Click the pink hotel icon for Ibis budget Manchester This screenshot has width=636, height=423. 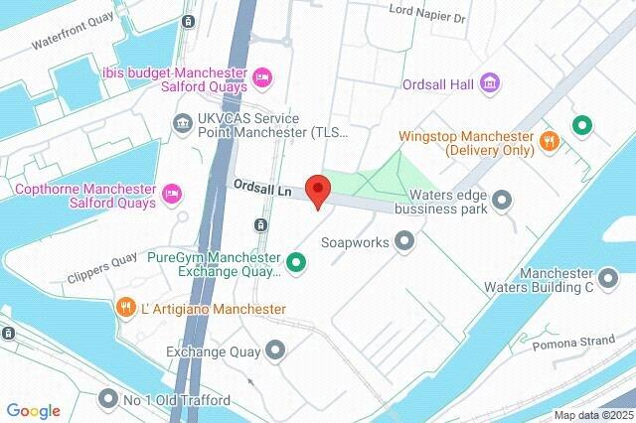pyautogui.click(x=262, y=76)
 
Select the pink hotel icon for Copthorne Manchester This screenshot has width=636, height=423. pyautogui.click(x=172, y=191)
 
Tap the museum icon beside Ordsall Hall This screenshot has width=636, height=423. pyautogui.click(x=488, y=81)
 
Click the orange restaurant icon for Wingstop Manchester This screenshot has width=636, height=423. pyautogui.click(x=547, y=141)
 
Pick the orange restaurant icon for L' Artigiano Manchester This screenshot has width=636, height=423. pyautogui.click(x=125, y=307)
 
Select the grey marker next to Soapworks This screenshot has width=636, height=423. pyautogui.click(x=403, y=240)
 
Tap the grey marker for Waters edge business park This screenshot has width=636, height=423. pyautogui.click(x=502, y=200)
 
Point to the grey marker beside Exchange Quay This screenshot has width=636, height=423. pyautogui.click(x=275, y=350)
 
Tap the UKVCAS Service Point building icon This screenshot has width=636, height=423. pyautogui.click(x=182, y=124)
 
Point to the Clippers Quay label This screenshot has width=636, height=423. pyautogui.click(x=101, y=268)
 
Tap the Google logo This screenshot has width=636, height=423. pyautogui.click(x=34, y=410)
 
